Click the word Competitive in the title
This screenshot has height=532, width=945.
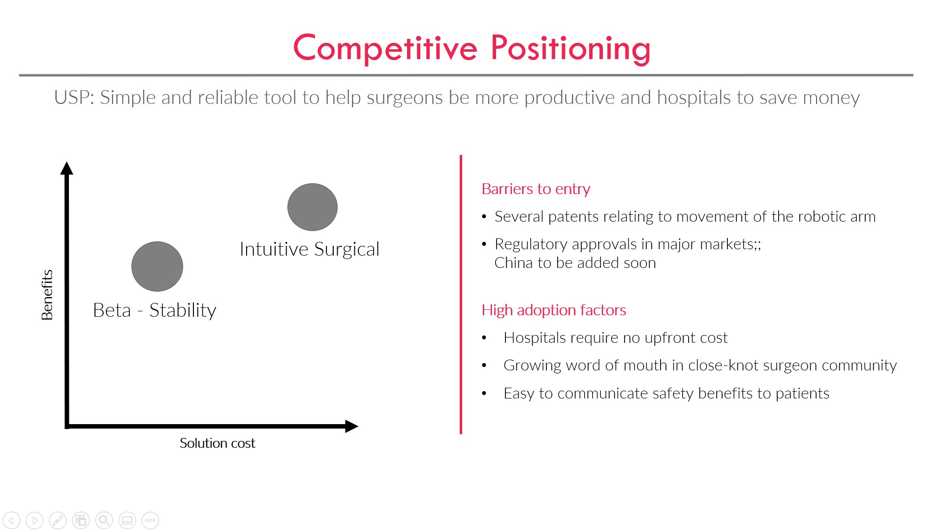pos(385,48)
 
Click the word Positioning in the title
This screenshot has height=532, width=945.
pos(570,49)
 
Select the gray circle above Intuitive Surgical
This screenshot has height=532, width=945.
pos(313,207)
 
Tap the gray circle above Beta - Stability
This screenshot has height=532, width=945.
pos(157,266)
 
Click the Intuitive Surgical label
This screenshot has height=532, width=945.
pos(310,249)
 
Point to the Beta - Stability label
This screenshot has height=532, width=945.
pos(155,310)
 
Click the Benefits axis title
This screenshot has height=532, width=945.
pos(47,295)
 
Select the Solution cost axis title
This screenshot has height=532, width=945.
pos(218,443)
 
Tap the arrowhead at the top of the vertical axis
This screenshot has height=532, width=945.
pos(66,168)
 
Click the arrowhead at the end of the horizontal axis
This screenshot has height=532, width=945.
pos(351,426)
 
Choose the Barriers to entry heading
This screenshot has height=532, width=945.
pos(536,189)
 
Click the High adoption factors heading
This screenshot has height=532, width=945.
pos(554,310)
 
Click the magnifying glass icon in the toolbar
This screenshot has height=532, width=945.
pos(104,520)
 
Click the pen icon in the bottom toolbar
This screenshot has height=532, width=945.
pos(58,520)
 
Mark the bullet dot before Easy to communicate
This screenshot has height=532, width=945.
pos(484,394)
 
